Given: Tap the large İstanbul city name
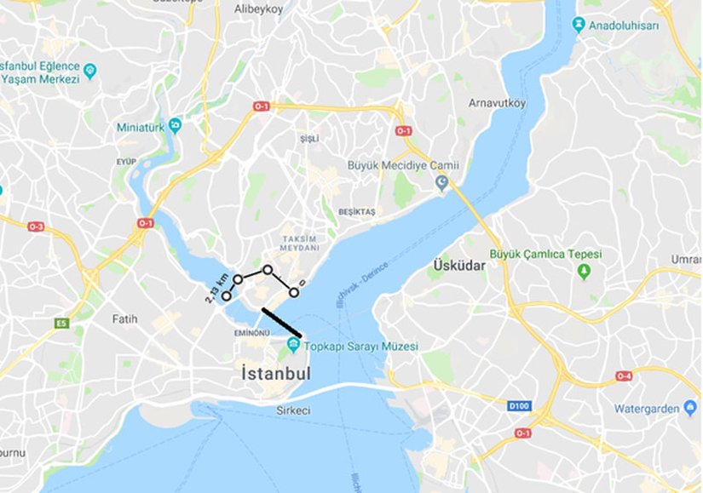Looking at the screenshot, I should (x=275, y=374).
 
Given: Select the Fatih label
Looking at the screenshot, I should (x=124, y=318).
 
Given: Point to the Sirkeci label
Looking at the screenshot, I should (x=293, y=410).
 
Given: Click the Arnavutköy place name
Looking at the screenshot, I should (x=498, y=103).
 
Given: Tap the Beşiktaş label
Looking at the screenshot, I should (x=356, y=211).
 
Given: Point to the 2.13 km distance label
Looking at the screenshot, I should (x=216, y=288).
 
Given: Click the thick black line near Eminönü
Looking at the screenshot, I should (x=281, y=323).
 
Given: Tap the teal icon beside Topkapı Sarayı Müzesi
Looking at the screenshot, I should (x=293, y=345).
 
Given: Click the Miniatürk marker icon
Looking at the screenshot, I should (x=175, y=126).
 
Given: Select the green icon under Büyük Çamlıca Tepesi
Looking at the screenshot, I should (x=584, y=272).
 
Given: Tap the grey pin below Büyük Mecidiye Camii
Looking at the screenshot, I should (x=441, y=182).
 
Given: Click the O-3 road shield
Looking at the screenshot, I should (x=36, y=226).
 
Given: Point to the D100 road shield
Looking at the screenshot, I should (x=519, y=406).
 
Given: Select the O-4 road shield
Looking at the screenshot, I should (x=624, y=375).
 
